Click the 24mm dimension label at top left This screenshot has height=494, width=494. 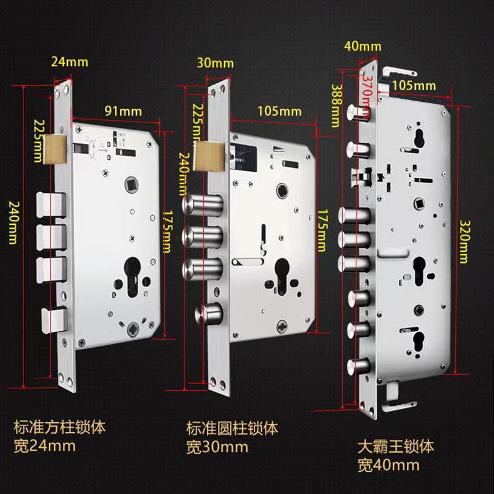pyautogui.click(x=70, y=62)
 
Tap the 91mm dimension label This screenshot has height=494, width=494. pyautogui.click(x=123, y=111)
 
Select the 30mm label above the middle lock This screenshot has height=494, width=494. pyautogui.click(x=215, y=63)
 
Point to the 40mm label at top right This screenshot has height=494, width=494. pyautogui.click(x=362, y=46)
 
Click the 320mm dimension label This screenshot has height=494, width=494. pyautogui.click(x=464, y=241)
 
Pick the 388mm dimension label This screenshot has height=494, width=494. pyautogui.click(x=337, y=106)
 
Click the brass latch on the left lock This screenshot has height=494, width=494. pyautogui.click(x=56, y=149)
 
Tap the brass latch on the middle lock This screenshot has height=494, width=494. pyautogui.click(x=209, y=156)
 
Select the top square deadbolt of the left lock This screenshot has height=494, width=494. pyautogui.click(x=51, y=205)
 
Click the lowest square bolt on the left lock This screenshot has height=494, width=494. pyautogui.click(x=54, y=320)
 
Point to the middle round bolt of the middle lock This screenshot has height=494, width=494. pyautogui.click(x=203, y=237)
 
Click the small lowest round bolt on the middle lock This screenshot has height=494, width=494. pyautogui.click(x=209, y=314)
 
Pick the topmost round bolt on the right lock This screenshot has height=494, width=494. pyautogui.click(x=358, y=112)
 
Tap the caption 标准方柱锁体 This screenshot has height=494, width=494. pyautogui.click(x=59, y=427)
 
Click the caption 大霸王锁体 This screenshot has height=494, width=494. pyautogui.click(x=396, y=446)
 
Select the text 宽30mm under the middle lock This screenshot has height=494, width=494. pyautogui.click(x=217, y=447)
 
